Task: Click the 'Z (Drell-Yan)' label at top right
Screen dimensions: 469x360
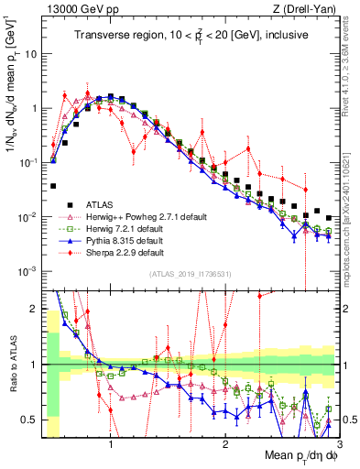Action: [305, 8]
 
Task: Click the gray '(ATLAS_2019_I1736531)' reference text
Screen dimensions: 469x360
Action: [190, 274]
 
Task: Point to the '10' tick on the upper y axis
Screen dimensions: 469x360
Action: [31, 54]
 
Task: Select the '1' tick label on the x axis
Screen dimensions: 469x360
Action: [111, 445]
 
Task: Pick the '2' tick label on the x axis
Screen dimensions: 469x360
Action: [224, 445]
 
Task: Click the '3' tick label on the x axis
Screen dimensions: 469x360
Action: [336, 445]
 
